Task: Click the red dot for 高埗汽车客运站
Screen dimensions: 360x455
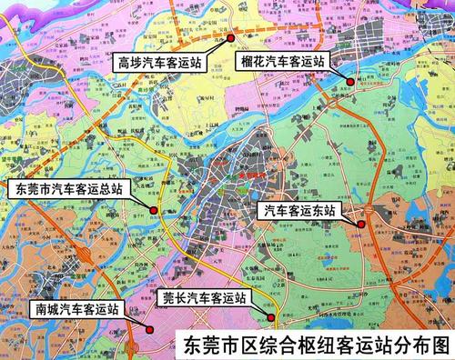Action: (230, 37)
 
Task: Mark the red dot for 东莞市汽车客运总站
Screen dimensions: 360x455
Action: (154, 210)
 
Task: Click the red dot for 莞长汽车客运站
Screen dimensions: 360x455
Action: (271, 316)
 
